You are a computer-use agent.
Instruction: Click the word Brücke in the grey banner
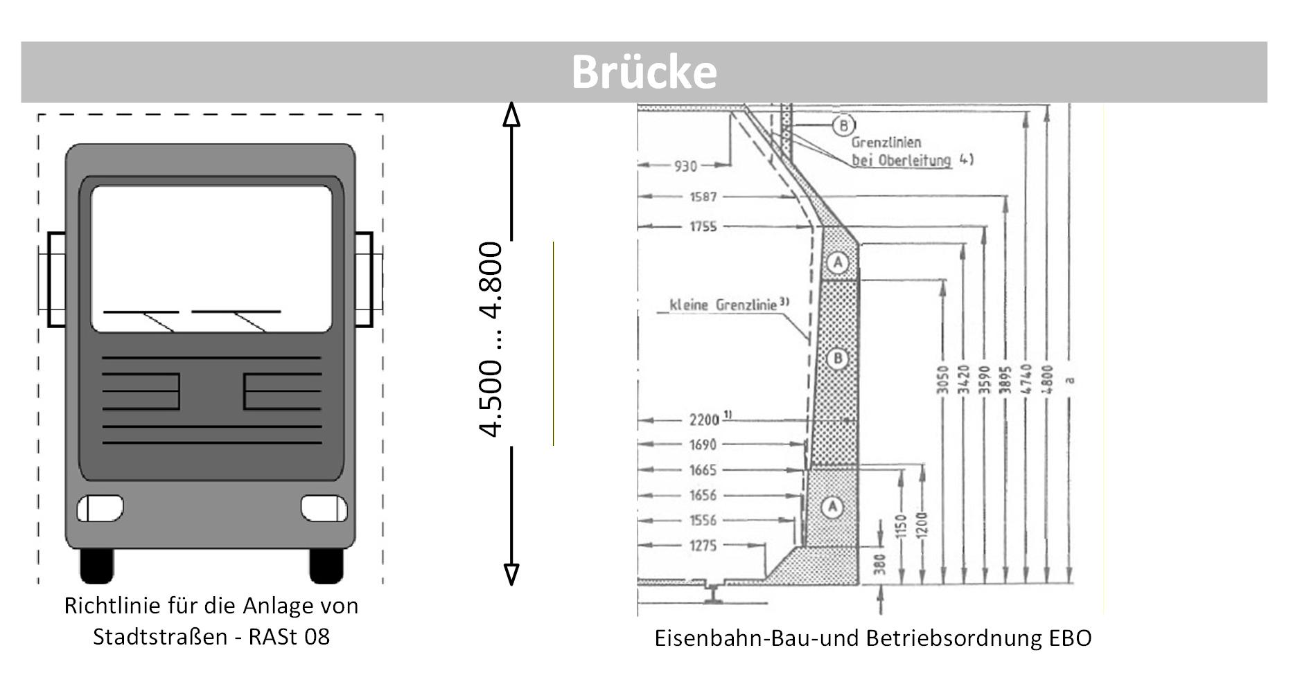[644, 72]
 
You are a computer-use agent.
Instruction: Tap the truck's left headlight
[100, 509]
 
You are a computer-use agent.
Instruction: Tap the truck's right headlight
[324, 509]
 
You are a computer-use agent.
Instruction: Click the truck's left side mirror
[57, 279]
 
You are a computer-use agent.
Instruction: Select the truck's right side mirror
[364, 279]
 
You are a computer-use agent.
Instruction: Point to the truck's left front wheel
[97, 566]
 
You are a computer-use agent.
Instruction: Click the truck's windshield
[211, 258]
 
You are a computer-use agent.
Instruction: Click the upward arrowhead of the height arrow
[511, 114]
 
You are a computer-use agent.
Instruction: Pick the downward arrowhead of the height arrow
[511, 574]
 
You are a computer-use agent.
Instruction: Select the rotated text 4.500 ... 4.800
[491, 339]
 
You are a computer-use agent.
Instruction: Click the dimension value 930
[685, 166]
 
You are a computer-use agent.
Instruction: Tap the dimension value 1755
[703, 226]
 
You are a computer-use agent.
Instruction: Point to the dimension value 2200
[705, 420]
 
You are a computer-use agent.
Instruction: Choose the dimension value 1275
[703, 546]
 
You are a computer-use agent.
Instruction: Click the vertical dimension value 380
[881, 564]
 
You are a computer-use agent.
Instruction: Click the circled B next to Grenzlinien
[843, 125]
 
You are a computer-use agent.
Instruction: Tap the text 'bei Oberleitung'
[901, 161]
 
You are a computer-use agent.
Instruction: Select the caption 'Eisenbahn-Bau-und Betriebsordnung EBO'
[872, 638]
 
